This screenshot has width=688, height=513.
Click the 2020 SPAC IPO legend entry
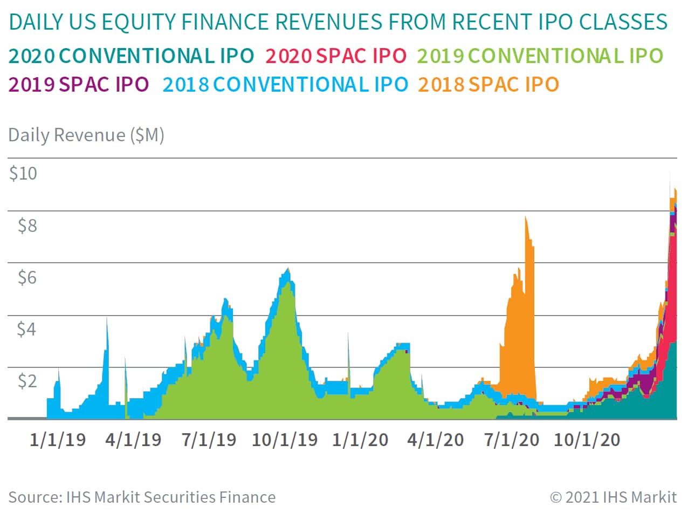(x=336, y=56)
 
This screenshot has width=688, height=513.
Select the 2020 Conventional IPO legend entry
(x=132, y=56)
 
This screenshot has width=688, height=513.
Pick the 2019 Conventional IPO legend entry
(x=540, y=56)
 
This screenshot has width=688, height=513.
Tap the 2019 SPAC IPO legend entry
(x=79, y=84)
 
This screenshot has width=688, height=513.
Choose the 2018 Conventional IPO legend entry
(x=285, y=84)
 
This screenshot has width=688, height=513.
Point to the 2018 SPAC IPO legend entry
(x=489, y=84)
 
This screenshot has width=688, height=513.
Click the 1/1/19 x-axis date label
(x=58, y=440)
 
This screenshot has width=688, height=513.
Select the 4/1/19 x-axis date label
(x=133, y=440)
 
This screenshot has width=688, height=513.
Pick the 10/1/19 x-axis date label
(x=285, y=440)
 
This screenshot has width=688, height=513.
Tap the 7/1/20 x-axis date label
(x=512, y=440)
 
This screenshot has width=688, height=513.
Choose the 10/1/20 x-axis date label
(x=587, y=440)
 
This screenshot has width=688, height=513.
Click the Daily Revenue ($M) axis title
(x=86, y=135)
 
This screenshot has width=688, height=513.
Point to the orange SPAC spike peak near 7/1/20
(x=526, y=217)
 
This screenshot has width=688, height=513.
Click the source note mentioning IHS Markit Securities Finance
(x=142, y=497)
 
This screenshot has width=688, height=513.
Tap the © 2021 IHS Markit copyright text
(x=613, y=497)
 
